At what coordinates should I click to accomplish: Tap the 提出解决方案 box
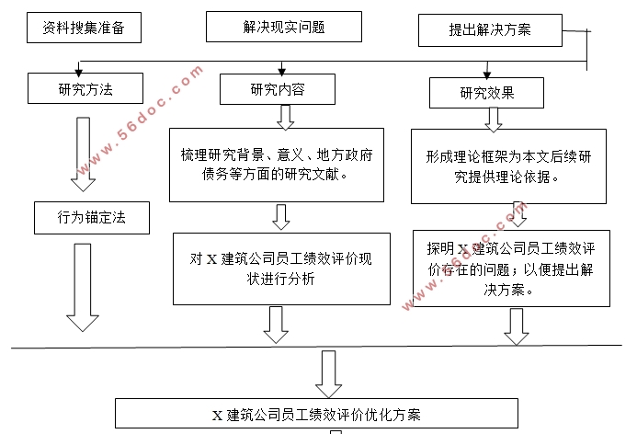click(488, 30)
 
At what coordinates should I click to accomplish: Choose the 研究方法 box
click(85, 88)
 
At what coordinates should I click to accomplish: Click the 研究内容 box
click(277, 88)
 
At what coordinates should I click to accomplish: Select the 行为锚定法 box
click(90, 218)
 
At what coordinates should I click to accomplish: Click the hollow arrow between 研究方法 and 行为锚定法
click(81, 152)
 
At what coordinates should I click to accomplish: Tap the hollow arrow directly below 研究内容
click(285, 117)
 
